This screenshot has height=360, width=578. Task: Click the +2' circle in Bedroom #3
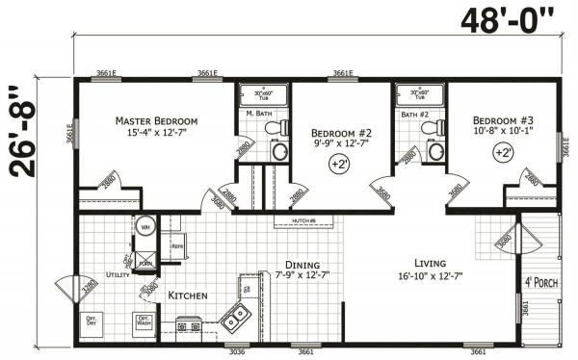[503, 152]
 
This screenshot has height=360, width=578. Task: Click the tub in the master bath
[264, 96]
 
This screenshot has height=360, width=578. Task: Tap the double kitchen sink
[234, 313]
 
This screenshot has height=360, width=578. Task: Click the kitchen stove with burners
[188, 326]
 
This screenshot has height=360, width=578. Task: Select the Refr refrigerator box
[177, 246]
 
